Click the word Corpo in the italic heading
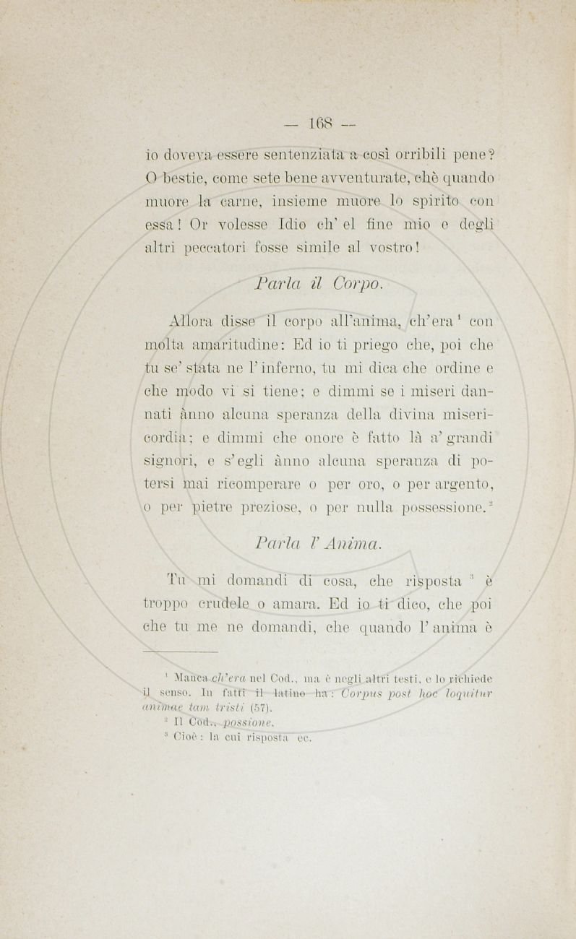[358, 283]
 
